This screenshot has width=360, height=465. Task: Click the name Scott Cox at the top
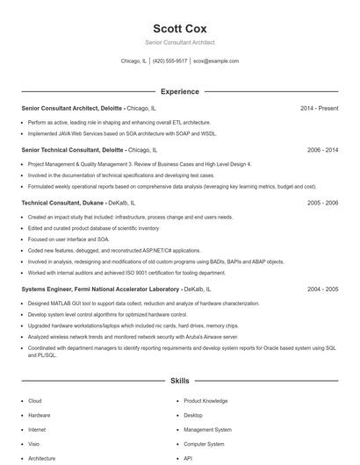(x=179, y=28)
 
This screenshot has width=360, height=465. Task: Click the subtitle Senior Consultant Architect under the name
(x=179, y=42)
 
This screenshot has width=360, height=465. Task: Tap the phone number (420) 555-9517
(x=170, y=61)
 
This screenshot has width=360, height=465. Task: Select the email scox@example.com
(x=216, y=61)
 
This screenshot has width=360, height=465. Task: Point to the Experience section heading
(x=179, y=91)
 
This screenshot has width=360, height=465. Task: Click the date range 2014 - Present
(x=319, y=108)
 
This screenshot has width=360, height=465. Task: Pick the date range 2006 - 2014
(x=322, y=150)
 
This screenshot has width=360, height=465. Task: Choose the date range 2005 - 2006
(x=322, y=203)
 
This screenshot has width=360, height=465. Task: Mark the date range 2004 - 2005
(x=322, y=288)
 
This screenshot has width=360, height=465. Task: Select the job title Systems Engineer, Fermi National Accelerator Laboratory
(x=100, y=288)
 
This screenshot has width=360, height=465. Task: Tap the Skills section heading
(x=179, y=382)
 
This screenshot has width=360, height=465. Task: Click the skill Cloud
(x=35, y=400)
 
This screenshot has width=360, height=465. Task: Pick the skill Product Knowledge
(x=205, y=400)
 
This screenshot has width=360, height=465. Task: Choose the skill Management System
(x=207, y=430)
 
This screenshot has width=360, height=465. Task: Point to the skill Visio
(x=35, y=444)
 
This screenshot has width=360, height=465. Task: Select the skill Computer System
(x=205, y=444)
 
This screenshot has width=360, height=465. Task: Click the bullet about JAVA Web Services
(x=121, y=133)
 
